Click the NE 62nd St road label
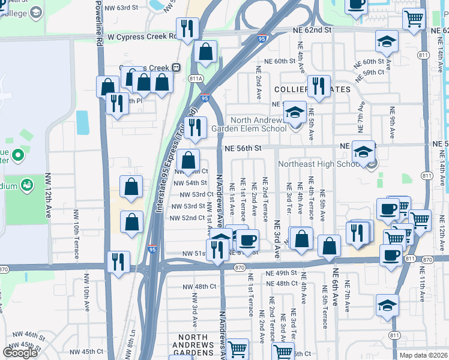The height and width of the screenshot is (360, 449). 312,29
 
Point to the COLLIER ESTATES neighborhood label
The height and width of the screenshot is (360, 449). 312,89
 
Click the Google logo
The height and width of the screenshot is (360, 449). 20,352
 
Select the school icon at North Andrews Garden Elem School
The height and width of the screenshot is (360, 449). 295,112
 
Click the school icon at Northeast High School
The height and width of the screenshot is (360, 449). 363,152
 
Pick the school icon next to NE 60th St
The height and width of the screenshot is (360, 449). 387,41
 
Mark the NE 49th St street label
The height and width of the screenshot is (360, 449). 282,273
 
